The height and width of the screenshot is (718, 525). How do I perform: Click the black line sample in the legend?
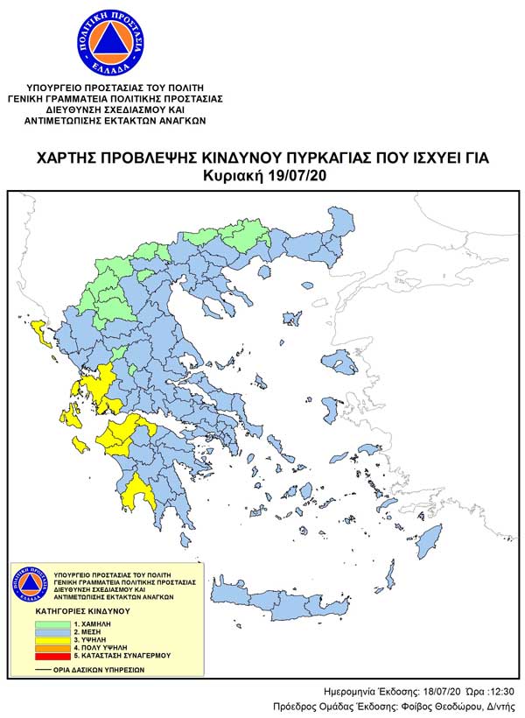tap(46, 669)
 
